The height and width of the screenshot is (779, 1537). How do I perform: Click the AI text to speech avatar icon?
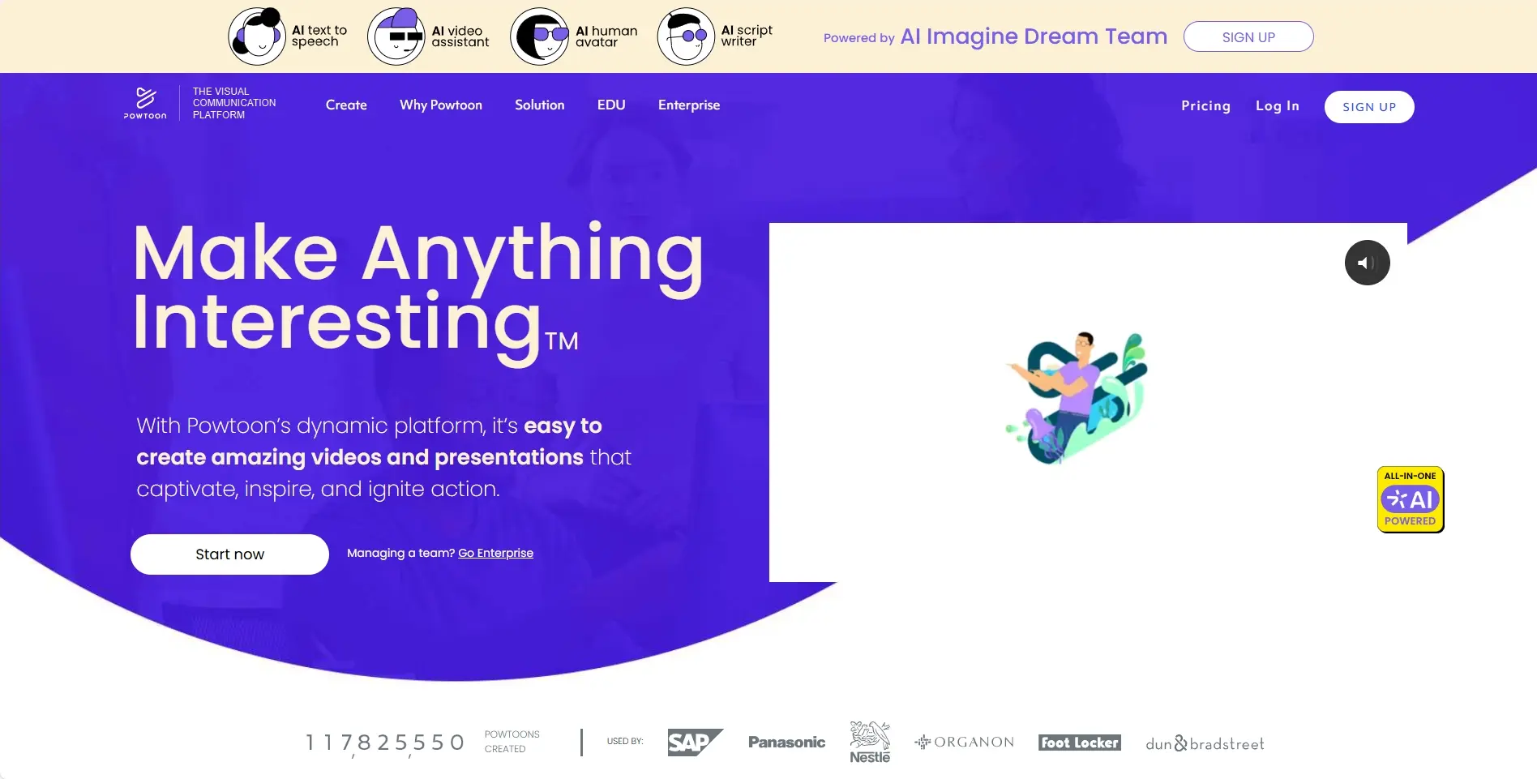click(258, 36)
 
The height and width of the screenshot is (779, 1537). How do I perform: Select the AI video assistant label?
click(460, 36)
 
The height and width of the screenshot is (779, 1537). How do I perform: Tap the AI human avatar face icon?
click(539, 36)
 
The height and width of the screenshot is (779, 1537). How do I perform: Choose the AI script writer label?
click(747, 36)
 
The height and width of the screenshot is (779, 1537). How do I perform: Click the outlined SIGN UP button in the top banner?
click(1248, 36)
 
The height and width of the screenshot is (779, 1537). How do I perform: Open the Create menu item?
click(346, 105)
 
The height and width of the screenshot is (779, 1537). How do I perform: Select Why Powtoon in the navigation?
click(441, 105)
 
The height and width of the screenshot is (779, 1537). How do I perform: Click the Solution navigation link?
click(539, 105)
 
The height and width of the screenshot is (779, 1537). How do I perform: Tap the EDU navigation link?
click(611, 105)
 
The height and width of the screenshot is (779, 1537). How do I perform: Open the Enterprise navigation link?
click(689, 105)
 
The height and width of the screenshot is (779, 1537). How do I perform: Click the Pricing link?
click(1205, 105)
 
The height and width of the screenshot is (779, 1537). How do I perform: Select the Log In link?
click(1278, 105)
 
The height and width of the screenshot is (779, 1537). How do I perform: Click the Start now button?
click(229, 554)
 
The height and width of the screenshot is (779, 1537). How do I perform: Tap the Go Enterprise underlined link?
click(496, 553)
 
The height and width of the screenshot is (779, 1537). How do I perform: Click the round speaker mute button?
click(1368, 263)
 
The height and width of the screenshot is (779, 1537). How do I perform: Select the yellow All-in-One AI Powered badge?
click(1411, 499)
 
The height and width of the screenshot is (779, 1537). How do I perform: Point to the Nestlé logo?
click(870, 742)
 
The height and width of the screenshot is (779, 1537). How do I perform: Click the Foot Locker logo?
click(1080, 743)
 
